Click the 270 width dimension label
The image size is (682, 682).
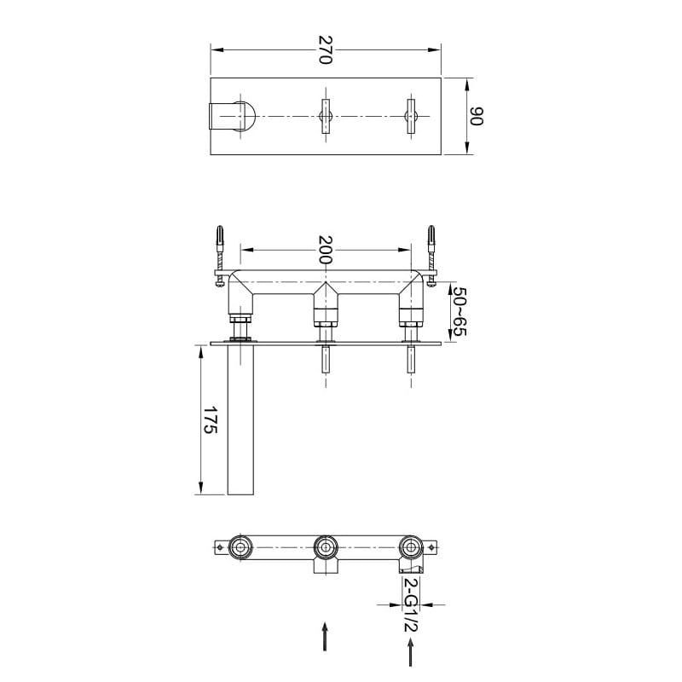pyautogui.click(x=326, y=49)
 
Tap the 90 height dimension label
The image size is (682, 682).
pyautogui.click(x=477, y=116)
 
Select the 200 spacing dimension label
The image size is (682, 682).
pyautogui.click(x=326, y=250)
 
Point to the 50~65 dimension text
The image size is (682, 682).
pyautogui.click(x=459, y=311)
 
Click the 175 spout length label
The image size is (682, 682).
pyautogui.click(x=211, y=419)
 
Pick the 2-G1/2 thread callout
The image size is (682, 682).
pyautogui.click(x=411, y=605)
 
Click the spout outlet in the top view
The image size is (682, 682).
pyautogui.click(x=233, y=116)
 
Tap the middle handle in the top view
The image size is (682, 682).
pyautogui.click(x=326, y=116)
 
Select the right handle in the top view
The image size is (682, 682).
pyautogui.click(x=411, y=116)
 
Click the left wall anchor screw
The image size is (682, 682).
pyautogui.click(x=220, y=256)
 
